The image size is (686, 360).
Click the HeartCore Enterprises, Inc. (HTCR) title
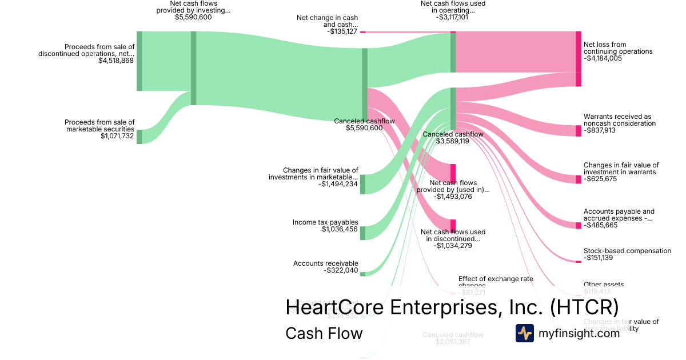[452, 307]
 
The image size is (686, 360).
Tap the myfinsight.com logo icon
[524, 333]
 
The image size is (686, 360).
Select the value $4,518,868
[116, 60]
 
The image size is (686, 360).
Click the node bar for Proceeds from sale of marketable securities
[139, 137]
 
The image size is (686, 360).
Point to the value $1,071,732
[117, 136]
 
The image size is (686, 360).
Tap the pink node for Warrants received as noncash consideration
[578, 130]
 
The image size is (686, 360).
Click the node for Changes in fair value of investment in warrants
[578, 179]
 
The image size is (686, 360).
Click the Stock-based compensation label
[627, 251]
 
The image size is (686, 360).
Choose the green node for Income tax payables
[362, 233]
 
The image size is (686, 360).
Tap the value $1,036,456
[340, 229]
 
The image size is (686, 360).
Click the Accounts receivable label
[325, 263]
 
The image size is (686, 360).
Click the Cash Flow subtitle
[324, 333]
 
